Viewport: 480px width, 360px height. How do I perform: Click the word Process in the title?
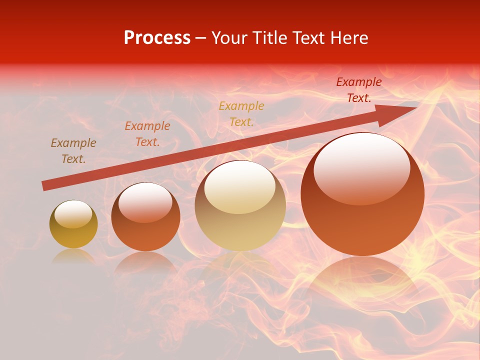point(157,38)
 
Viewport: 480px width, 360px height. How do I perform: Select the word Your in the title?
point(229,38)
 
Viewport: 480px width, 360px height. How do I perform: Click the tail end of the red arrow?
point(44,185)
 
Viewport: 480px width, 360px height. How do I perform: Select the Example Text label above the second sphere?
point(147,134)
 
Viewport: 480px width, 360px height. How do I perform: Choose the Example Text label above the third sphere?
point(241,113)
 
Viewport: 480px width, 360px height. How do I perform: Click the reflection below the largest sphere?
point(362,280)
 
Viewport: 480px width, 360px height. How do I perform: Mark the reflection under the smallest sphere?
point(73,256)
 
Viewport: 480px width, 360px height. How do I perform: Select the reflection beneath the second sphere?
point(145,262)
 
